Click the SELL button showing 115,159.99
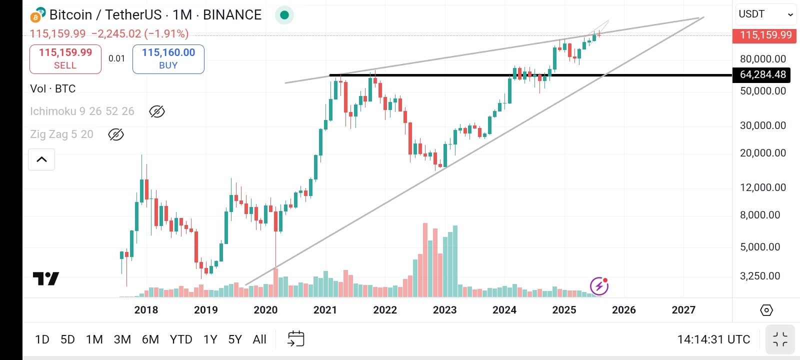65,58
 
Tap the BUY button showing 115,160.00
168,58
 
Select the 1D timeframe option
42,339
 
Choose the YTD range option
181,339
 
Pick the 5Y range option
234,339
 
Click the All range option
259,339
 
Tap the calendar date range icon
296,339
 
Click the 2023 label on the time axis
444,310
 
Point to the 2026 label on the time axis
623,310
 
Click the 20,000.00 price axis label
762,153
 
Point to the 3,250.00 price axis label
759,276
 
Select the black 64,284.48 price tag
761,74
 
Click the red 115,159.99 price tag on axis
765,35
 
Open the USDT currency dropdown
765,14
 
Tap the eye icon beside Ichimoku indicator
157,111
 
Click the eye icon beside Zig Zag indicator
116,134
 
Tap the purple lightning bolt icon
599,286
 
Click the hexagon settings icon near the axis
766,310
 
